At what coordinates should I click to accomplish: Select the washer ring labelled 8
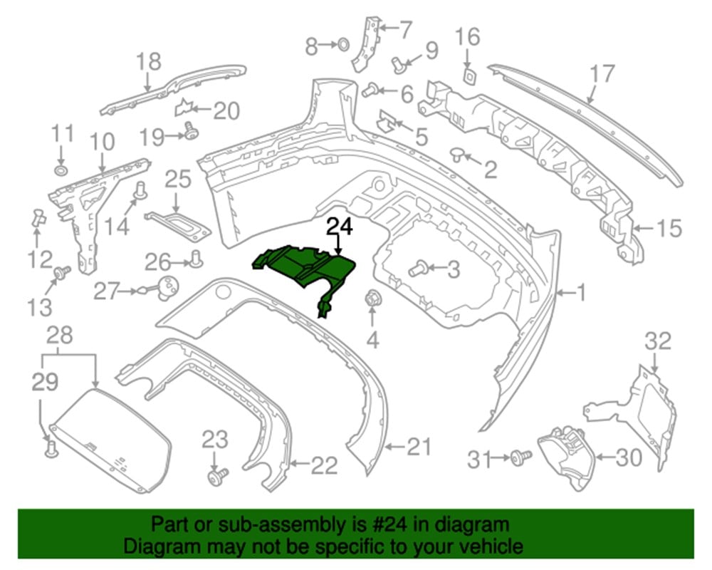click(343, 45)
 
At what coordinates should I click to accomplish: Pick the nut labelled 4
click(372, 299)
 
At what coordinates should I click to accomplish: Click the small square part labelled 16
click(468, 76)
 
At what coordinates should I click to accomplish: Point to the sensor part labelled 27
click(166, 288)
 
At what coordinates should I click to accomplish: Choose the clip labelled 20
click(184, 108)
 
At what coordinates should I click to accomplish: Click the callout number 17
click(602, 74)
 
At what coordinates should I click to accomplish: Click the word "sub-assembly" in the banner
click(270, 524)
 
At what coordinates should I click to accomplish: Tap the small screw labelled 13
click(61, 273)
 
